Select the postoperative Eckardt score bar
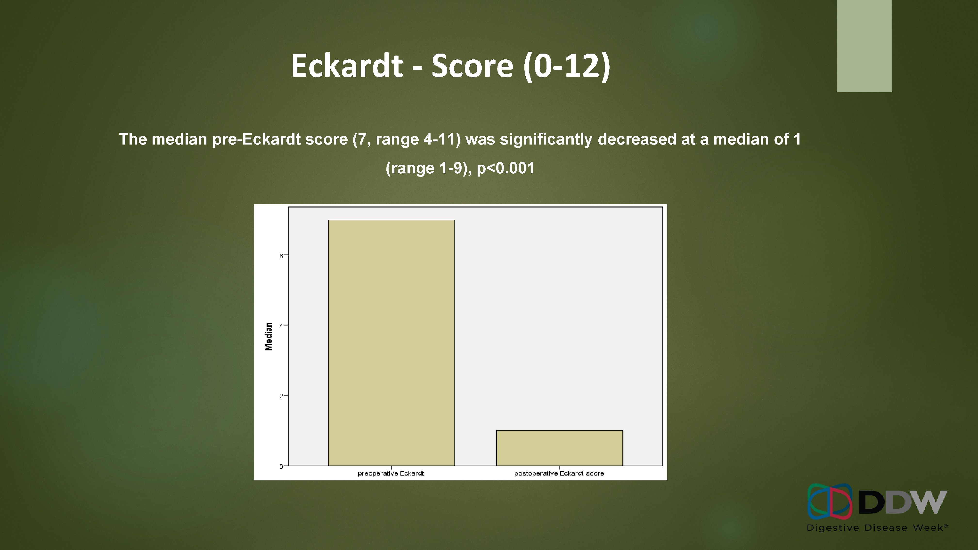click(559, 448)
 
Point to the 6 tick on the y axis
click(281, 256)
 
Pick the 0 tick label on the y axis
click(281, 466)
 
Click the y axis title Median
click(269, 336)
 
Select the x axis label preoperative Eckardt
click(391, 473)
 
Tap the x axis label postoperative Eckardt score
click(559, 473)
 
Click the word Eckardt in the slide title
click(346, 66)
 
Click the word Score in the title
click(472, 66)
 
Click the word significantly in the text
click(546, 139)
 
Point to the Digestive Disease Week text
click(877, 528)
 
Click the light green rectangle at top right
click(864, 46)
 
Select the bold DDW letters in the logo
click(903, 502)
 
